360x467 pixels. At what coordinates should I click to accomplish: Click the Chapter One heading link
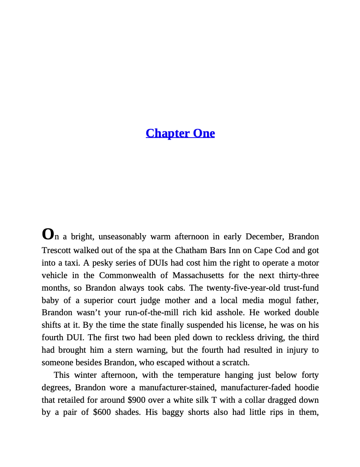180,133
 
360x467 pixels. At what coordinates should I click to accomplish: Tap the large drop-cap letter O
48,234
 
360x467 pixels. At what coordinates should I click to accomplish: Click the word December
265,237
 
